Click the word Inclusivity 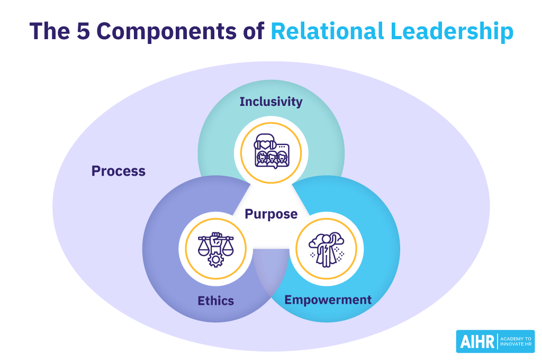pyautogui.click(x=270, y=101)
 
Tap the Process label pyautogui.click(x=118, y=171)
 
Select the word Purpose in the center pyautogui.click(x=271, y=214)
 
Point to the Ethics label pyautogui.click(x=216, y=301)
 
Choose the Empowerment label pyautogui.click(x=328, y=300)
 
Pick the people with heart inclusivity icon pyautogui.click(x=271, y=152)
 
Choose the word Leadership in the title pyautogui.click(x=456, y=32)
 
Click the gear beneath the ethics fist pyautogui.click(x=215, y=260)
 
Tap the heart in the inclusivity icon pyautogui.click(x=264, y=144)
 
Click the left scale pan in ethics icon pyautogui.click(x=203, y=250)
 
